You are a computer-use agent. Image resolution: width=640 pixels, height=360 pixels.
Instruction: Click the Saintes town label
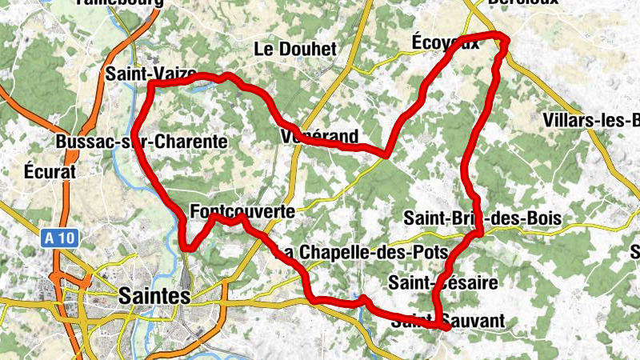pyautogui.click(x=154, y=295)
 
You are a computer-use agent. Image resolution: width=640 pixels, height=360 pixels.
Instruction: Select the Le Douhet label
pyautogui.click(x=295, y=49)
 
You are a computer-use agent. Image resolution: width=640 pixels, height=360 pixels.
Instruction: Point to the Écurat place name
pyautogui.click(x=50, y=171)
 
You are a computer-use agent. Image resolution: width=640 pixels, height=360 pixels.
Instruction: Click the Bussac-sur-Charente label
pyautogui.click(x=142, y=142)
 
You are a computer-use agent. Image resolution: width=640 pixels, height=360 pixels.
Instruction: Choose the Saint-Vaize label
pyautogui.click(x=151, y=74)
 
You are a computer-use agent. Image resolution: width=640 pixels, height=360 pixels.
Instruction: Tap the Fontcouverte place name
pyautogui.click(x=243, y=212)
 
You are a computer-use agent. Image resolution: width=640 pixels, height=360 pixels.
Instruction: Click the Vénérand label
pyautogui.click(x=319, y=136)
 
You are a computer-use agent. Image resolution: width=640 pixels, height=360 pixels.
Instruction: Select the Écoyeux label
pyautogui.click(x=445, y=42)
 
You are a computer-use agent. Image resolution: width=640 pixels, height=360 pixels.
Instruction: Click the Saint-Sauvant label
pyautogui.click(x=449, y=322)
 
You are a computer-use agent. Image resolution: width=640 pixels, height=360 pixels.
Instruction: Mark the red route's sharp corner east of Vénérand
pyautogui.click(x=386, y=155)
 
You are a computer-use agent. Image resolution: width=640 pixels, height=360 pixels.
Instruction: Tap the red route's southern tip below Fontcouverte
pyautogui.click(x=186, y=247)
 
